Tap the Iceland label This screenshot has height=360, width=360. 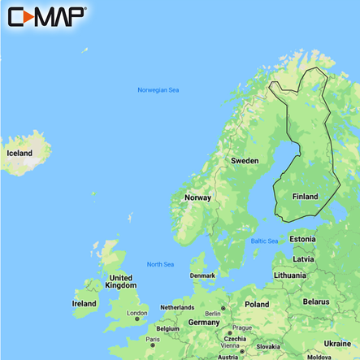[x=20, y=153]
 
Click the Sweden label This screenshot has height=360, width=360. [x=245, y=161]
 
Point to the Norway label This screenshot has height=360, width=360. [x=198, y=197]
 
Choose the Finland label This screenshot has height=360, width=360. [x=305, y=197]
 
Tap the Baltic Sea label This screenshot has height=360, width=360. [x=264, y=241]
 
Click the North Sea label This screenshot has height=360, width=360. [x=160, y=264]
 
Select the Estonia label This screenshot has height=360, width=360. [x=302, y=240]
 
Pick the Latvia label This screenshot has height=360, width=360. [x=303, y=258]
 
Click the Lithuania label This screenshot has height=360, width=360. [x=290, y=275]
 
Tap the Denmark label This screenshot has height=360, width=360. [x=203, y=275]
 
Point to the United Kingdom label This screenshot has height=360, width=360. [x=122, y=281]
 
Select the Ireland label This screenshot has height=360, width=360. [x=84, y=303]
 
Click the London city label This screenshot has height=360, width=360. [x=137, y=313]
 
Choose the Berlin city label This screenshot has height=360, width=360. [x=214, y=313]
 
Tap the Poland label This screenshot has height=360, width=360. [x=257, y=304]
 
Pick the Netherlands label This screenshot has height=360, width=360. [x=177, y=308]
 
